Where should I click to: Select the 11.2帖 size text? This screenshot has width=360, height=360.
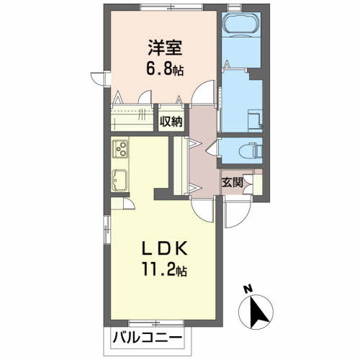[165, 272]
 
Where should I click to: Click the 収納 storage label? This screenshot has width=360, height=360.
[171, 122]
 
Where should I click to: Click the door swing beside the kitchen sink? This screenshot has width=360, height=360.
[128, 203]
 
